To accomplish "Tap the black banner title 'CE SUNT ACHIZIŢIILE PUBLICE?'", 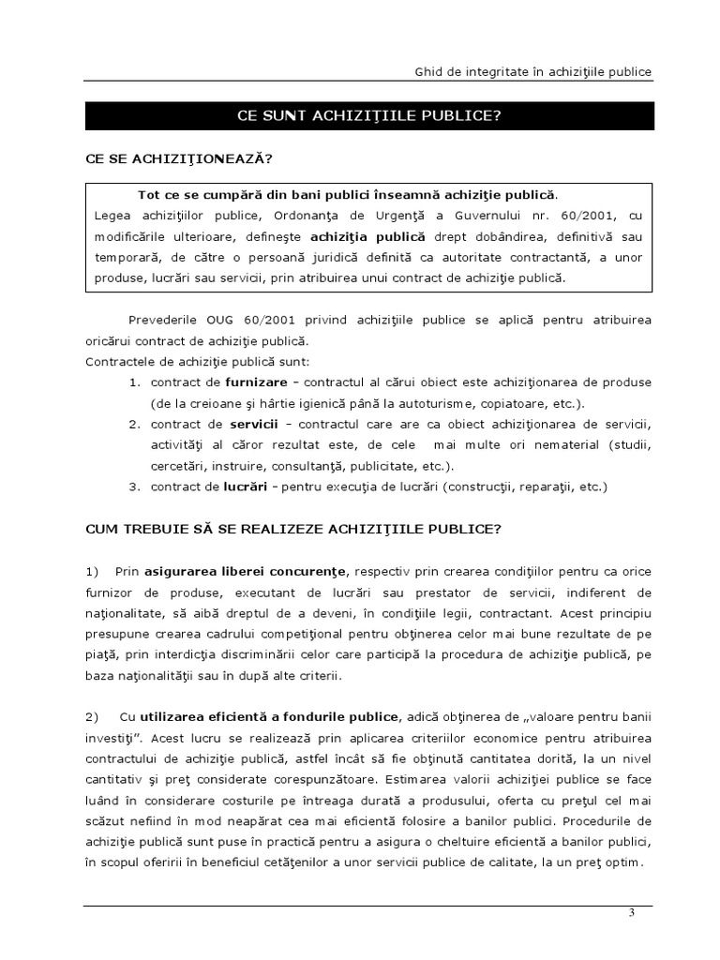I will pos(369,115).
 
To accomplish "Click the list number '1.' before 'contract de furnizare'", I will pos(135,383).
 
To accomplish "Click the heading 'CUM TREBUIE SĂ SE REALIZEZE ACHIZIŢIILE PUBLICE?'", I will pos(293,529).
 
